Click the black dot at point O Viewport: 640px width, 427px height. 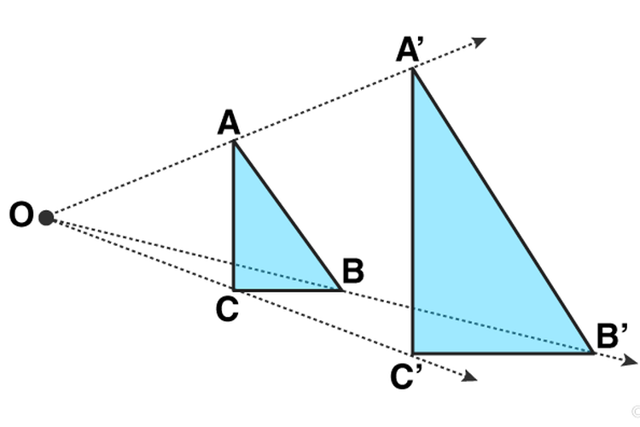(x=46, y=218)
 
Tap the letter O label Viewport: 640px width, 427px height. (x=21, y=214)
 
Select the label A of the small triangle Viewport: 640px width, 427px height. (x=229, y=122)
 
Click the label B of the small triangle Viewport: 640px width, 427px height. (x=353, y=271)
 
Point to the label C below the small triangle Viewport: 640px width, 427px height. (x=227, y=309)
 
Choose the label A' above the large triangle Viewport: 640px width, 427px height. (x=410, y=49)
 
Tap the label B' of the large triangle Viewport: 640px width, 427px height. (x=612, y=336)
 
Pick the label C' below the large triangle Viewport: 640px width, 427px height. (x=405, y=376)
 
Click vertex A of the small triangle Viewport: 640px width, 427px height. (x=234, y=142)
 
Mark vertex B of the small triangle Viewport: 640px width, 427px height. (x=342, y=290)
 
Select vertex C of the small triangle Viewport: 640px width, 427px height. (x=234, y=290)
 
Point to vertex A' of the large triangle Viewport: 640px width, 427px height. (x=413, y=69)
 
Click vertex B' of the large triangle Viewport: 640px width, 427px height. (x=593, y=352)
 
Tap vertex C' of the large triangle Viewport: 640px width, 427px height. (x=413, y=352)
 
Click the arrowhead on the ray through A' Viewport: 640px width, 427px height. (x=479, y=42)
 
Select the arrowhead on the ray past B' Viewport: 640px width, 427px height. (x=629, y=360)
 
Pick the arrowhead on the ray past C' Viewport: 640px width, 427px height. (x=469, y=377)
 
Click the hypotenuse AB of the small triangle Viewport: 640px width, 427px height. (x=288, y=216)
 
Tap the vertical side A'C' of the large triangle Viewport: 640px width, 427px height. (x=413, y=211)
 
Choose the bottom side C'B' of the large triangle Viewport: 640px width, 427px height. (x=503, y=352)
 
